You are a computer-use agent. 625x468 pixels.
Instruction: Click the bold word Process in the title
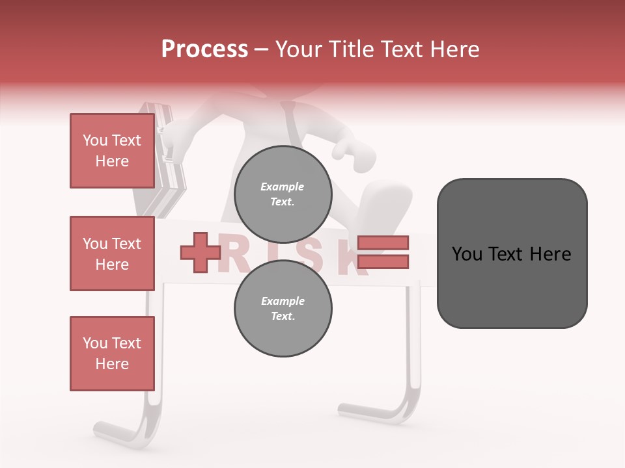point(204,49)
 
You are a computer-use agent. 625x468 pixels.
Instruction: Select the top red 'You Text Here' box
point(112,151)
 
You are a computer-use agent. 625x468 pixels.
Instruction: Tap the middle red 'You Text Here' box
point(112,253)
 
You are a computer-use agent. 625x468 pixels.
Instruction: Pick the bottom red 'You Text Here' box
point(112,354)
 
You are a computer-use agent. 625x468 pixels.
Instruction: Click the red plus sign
point(201,253)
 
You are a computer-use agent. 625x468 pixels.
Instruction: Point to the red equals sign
point(383,252)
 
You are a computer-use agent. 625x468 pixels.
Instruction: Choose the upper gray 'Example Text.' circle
point(283,194)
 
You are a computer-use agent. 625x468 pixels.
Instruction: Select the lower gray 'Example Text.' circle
point(283,309)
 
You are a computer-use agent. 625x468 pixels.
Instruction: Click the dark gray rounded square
point(512,253)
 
